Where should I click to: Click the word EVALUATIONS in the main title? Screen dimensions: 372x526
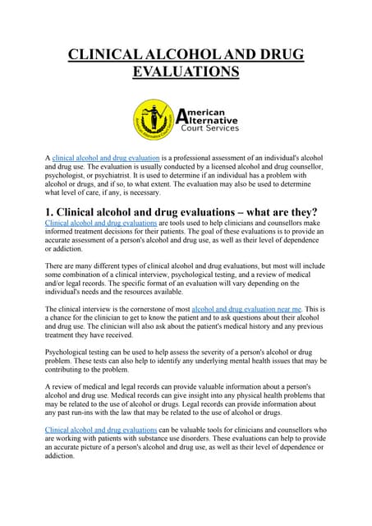click(186, 72)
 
